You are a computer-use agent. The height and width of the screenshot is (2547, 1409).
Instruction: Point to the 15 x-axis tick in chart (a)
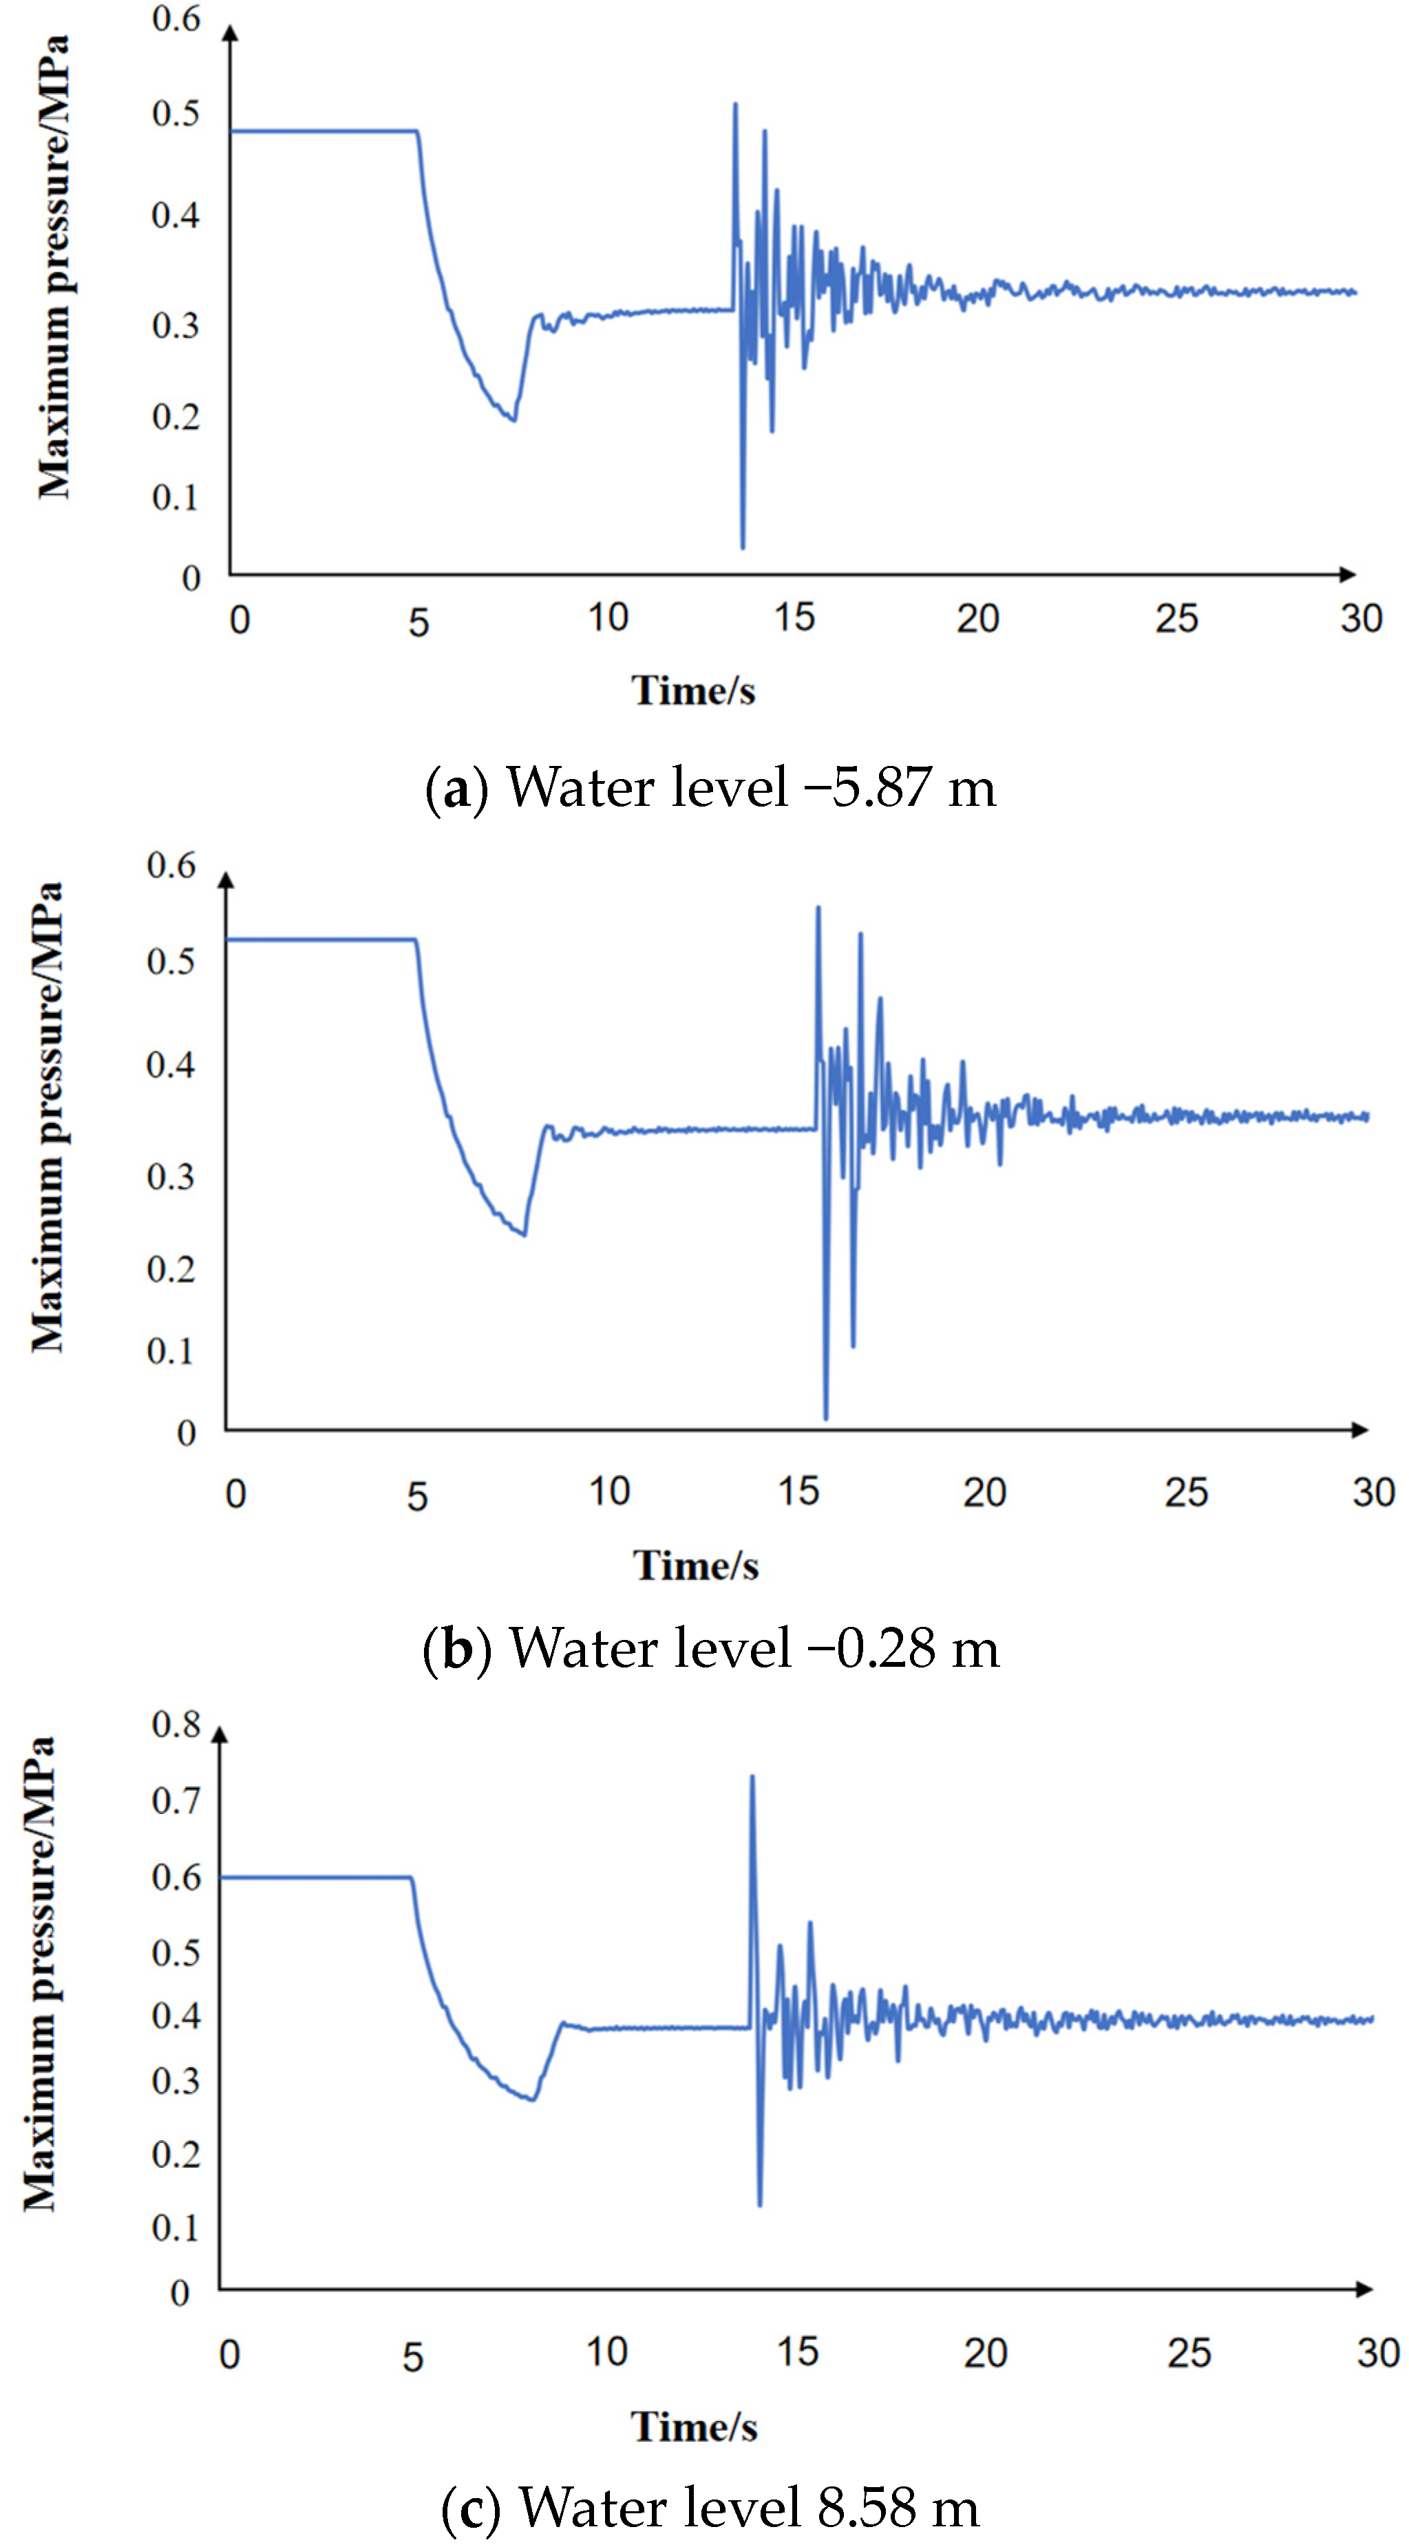tap(794, 618)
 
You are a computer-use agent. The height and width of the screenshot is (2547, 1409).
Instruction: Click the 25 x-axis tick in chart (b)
tap(1185, 1493)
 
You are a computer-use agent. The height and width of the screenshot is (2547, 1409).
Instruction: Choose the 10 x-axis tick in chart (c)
tap(606, 2352)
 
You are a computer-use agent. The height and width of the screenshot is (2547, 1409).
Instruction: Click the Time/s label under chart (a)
tap(693, 691)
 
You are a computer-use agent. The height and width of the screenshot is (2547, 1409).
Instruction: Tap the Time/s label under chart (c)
tap(694, 2427)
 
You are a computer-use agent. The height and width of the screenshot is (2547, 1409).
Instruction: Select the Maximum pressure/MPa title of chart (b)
tap(47, 1117)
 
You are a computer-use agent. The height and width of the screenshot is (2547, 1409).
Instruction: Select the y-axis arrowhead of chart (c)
tap(220, 1734)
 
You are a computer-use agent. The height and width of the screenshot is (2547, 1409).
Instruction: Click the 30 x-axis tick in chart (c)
tap(1377, 2353)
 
